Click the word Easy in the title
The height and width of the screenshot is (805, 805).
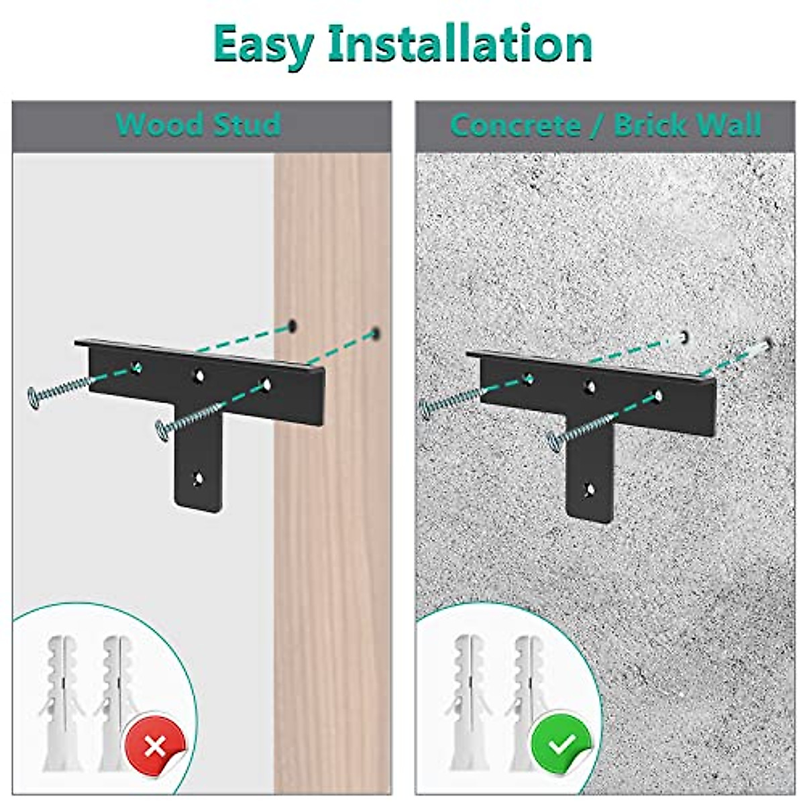264,44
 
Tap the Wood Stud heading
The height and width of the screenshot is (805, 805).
199,125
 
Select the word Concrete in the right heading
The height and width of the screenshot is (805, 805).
515,125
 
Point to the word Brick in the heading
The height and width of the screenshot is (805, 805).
650,125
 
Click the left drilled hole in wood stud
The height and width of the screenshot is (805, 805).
292,327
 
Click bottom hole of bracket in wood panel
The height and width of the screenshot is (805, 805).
199,479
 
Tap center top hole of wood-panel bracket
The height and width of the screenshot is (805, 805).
199,376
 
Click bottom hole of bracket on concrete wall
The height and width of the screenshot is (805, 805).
589,490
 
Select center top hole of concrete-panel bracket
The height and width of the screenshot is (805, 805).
590,386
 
